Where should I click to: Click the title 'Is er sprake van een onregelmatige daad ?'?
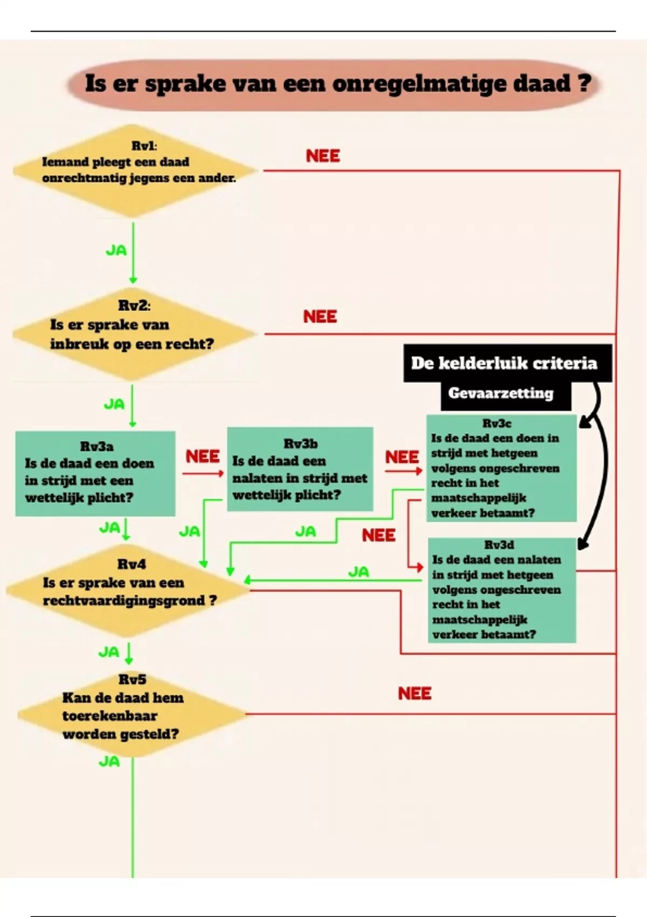pyautogui.click(x=338, y=84)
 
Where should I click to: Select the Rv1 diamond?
pyautogui.click(x=135, y=170)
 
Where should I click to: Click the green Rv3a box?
pyautogui.click(x=95, y=473)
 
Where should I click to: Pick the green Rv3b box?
pyautogui.click(x=300, y=469)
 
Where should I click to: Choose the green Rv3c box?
pyautogui.click(x=501, y=468)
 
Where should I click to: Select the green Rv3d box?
pyautogui.click(x=501, y=590)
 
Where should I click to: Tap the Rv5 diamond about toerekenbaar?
pyautogui.click(x=132, y=714)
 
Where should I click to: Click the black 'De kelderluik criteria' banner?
pyautogui.click(x=507, y=363)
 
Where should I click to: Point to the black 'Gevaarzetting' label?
pyautogui.click(x=501, y=393)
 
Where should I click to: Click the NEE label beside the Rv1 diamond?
pyautogui.click(x=323, y=156)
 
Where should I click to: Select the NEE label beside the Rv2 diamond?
pyautogui.click(x=320, y=317)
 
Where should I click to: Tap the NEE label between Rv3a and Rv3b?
pyautogui.click(x=203, y=456)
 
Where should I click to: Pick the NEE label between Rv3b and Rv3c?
pyautogui.click(x=402, y=457)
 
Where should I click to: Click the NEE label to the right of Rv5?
pyautogui.click(x=415, y=694)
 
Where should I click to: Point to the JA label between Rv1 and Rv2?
pyautogui.click(x=116, y=250)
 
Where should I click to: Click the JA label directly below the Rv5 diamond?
pyautogui.click(x=109, y=762)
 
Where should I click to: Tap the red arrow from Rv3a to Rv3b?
pyautogui.click(x=203, y=474)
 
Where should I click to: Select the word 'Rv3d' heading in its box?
pyautogui.click(x=499, y=545)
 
